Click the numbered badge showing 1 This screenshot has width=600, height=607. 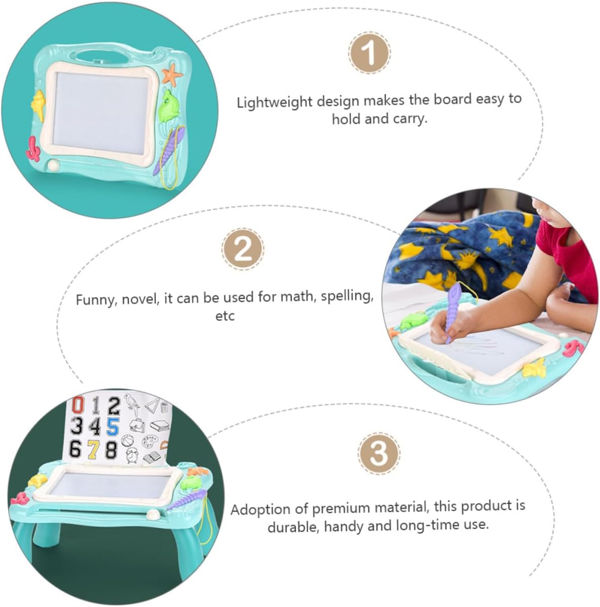(x=369, y=52)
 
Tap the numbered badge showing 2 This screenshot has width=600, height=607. (x=243, y=249)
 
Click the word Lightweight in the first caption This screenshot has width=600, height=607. (x=275, y=102)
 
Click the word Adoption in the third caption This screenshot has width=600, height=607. (x=260, y=509)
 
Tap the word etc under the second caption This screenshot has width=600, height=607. (x=225, y=316)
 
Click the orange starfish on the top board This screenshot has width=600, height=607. (x=172, y=74)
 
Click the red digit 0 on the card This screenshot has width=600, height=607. (x=78, y=405)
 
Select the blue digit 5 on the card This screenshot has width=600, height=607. (x=113, y=426)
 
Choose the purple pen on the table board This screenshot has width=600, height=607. (x=187, y=500)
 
